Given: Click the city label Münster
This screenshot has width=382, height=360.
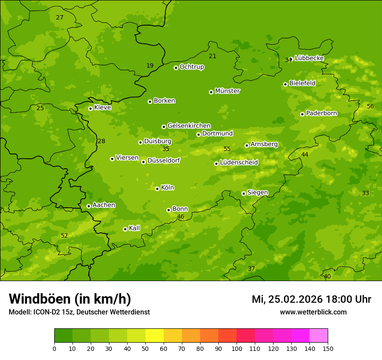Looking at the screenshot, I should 227,91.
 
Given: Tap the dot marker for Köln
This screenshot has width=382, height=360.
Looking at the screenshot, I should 157,189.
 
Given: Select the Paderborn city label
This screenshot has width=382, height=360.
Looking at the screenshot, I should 321,113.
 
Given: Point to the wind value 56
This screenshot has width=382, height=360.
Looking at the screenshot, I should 370,107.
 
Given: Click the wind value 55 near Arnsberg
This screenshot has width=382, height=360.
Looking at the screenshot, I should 227,149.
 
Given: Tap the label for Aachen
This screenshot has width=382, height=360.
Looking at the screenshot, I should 104,205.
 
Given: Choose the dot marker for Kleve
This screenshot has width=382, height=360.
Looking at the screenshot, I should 90,108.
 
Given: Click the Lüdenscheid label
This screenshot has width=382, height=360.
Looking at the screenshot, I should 239,163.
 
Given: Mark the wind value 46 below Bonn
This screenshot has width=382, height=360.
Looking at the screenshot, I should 181,217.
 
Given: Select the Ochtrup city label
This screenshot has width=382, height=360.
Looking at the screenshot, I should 191,67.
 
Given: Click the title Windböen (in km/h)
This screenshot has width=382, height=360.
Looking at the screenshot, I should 70,299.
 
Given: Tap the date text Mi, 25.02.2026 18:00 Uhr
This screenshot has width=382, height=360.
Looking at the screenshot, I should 311,299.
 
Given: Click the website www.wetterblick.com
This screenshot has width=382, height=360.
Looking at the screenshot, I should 313,312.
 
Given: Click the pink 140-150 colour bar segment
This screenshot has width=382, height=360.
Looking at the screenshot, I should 319,336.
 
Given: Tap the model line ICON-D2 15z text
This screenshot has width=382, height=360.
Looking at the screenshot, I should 79,312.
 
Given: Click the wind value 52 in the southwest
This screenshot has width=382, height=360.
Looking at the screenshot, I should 64,236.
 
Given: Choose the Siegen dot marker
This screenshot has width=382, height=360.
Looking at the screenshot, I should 244,193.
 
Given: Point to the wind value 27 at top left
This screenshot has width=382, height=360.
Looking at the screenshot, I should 59,18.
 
